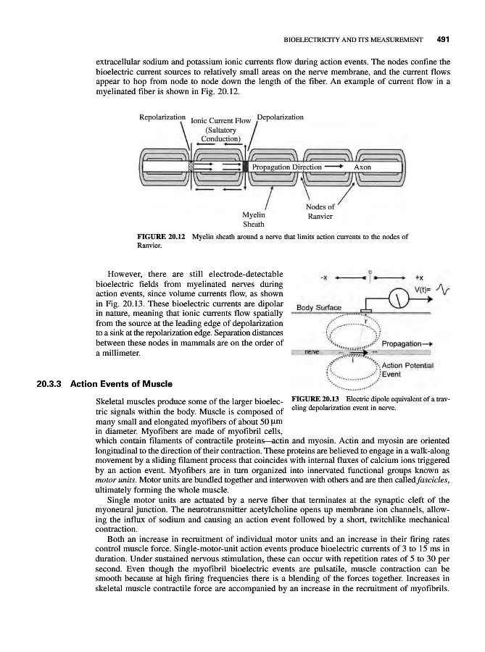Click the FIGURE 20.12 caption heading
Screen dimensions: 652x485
tap(161, 236)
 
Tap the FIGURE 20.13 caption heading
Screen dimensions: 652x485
tap(314, 397)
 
